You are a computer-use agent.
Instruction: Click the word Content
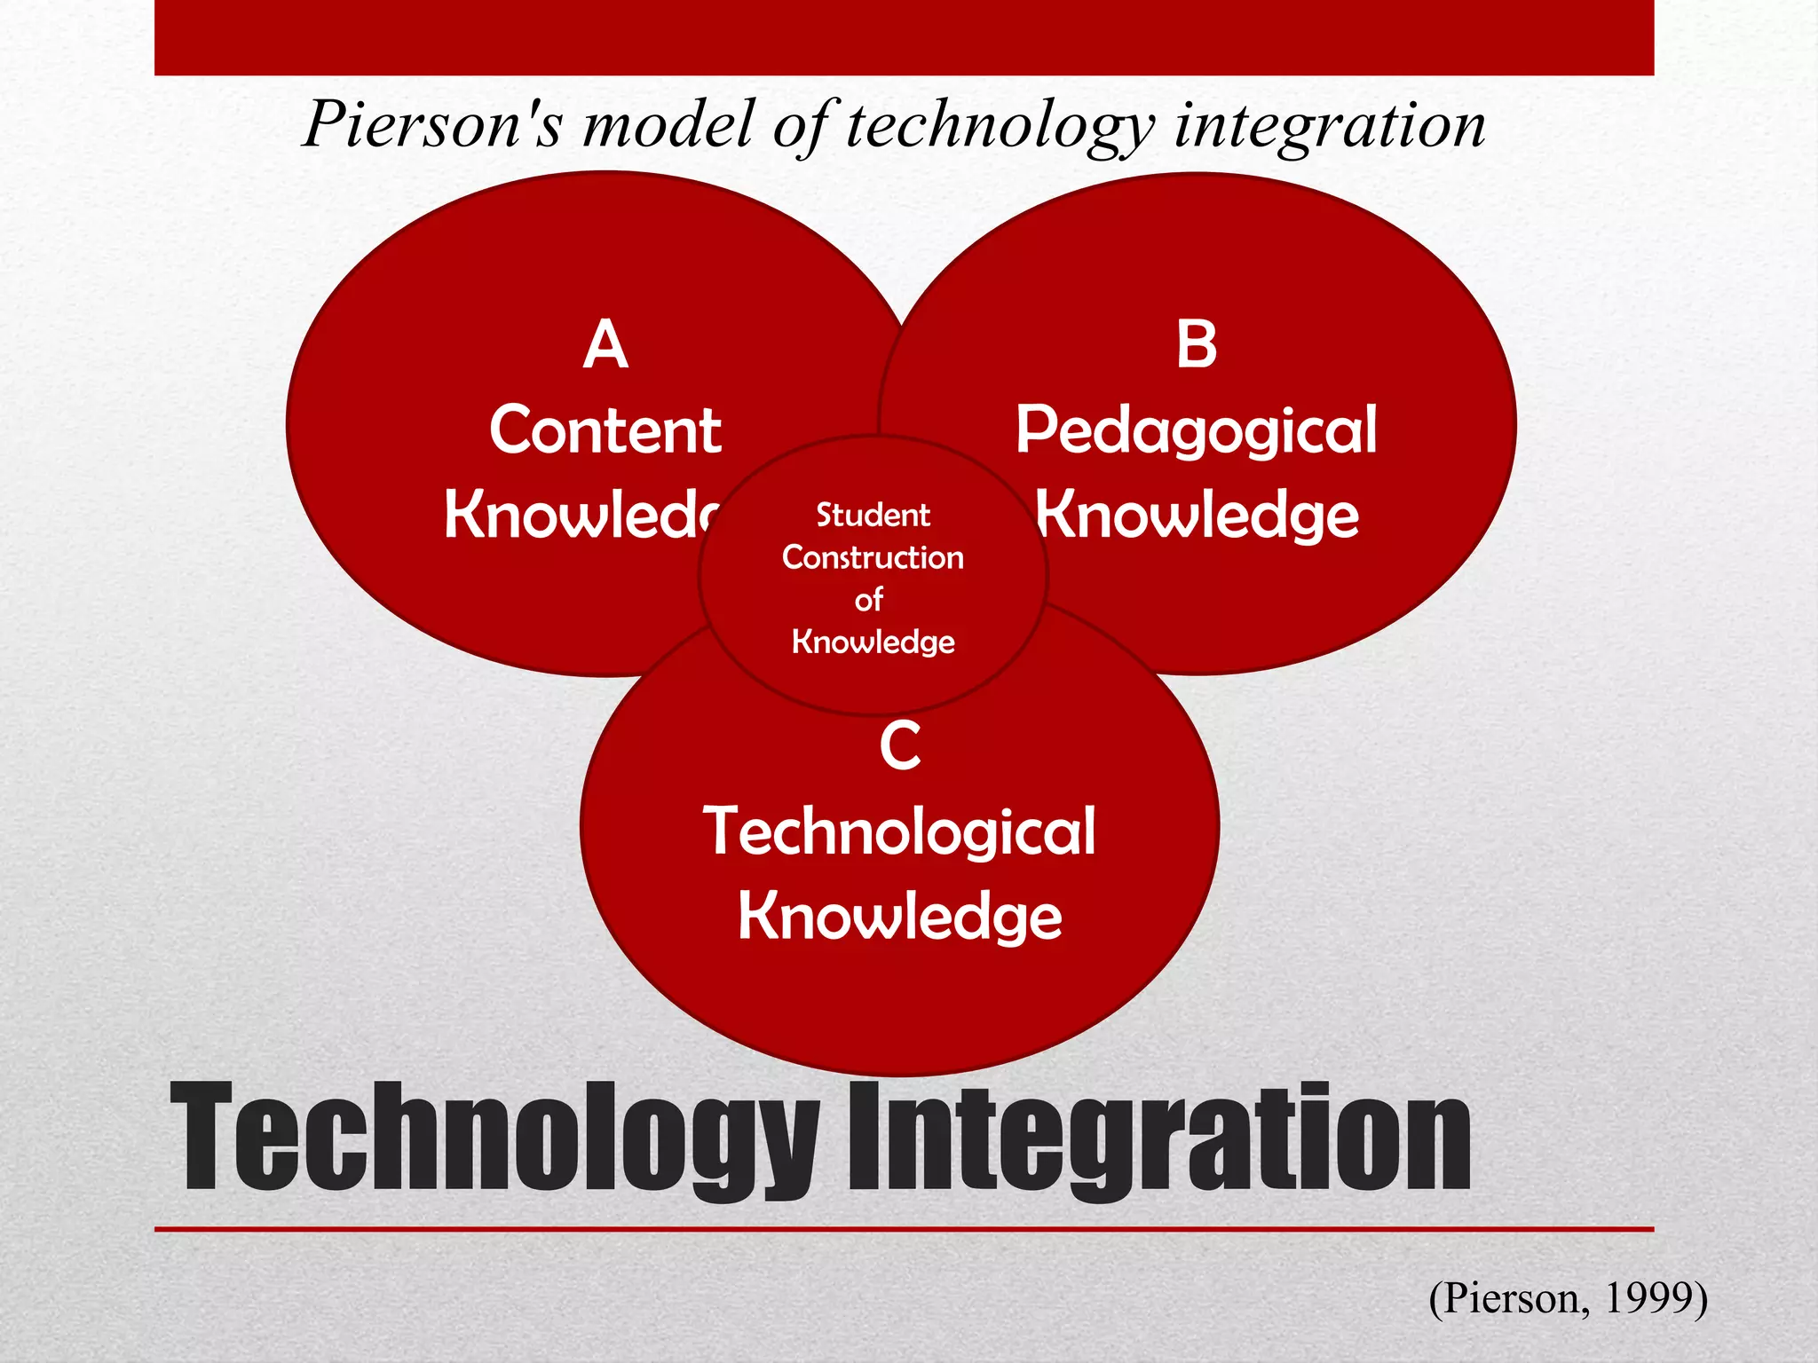[x=605, y=430]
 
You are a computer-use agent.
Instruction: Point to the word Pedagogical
[x=1196, y=430]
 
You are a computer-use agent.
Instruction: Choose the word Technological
[x=899, y=832]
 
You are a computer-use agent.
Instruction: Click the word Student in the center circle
[x=873, y=516]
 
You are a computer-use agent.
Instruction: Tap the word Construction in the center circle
[x=873, y=557]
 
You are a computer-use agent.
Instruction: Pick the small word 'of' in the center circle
[x=869, y=600]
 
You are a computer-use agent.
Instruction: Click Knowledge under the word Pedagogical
[x=1197, y=515]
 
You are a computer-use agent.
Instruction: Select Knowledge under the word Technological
[x=899, y=917]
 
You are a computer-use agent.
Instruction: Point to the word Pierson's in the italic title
[x=433, y=124]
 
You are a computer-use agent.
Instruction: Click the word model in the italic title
[x=667, y=124]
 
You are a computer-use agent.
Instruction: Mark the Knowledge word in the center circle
[x=873, y=642]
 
